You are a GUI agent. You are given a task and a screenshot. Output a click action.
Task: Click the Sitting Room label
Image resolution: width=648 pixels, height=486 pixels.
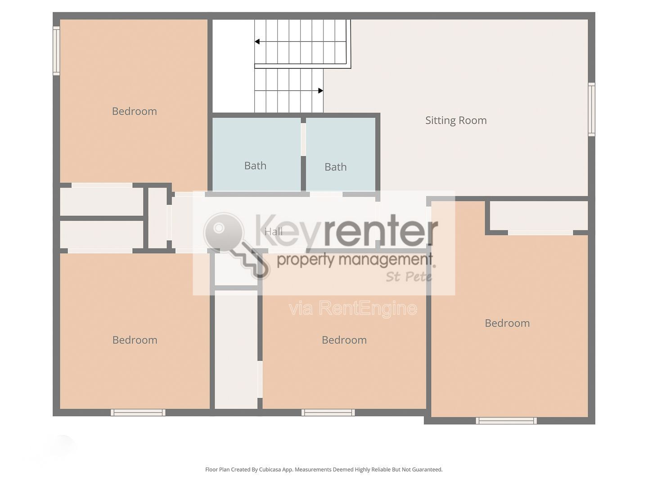coord(456,121)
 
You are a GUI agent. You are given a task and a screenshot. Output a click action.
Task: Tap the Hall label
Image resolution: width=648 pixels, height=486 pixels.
coord(274,232)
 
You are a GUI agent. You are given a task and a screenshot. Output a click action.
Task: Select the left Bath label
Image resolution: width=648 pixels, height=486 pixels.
coord(255,166)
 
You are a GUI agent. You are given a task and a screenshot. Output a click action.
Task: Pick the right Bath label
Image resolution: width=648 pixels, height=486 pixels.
coord(336,167)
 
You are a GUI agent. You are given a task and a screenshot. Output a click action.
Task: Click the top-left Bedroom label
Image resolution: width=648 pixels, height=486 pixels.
coord(134,111)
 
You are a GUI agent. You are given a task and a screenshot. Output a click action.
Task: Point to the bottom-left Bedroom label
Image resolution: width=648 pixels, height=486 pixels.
coord(135,340)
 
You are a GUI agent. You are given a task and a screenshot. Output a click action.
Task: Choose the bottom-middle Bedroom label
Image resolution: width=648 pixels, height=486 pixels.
coord(344,340)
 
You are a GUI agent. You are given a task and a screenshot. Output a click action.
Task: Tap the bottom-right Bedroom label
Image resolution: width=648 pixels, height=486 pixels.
coord(507,323)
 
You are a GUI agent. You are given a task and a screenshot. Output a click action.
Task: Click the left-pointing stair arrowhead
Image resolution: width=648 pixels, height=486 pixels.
coord(257,41)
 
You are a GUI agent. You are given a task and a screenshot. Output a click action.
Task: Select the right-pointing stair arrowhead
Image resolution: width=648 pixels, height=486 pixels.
coord(320,90)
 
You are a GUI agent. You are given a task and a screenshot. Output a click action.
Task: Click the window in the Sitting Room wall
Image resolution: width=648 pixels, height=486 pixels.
coord(591,109)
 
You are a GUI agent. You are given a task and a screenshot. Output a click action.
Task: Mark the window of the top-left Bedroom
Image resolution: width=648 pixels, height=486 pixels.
coord(56,50)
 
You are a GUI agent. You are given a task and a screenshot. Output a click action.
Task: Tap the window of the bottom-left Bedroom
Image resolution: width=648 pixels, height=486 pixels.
coord(138,413)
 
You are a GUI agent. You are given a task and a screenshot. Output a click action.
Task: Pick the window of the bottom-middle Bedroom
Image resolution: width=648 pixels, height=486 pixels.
coord(328,413)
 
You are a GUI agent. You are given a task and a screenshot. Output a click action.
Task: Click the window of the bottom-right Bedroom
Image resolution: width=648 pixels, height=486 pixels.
coord(506,421)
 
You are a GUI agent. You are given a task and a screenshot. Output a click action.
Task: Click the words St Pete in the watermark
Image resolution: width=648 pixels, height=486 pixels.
coord(409,277)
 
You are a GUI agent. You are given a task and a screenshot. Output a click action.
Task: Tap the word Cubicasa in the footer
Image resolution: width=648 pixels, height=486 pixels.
coord(270,469)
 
